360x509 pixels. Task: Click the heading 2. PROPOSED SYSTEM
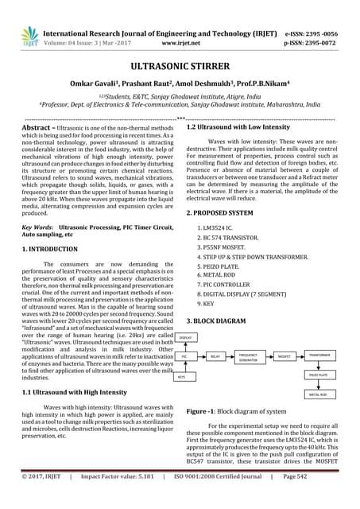(x=225, y=192)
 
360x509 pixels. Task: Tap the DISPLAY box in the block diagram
(x=185, y=338)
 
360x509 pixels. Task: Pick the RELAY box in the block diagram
(x=214, y=358)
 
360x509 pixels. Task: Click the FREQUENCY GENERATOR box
(x=248, y=358)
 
